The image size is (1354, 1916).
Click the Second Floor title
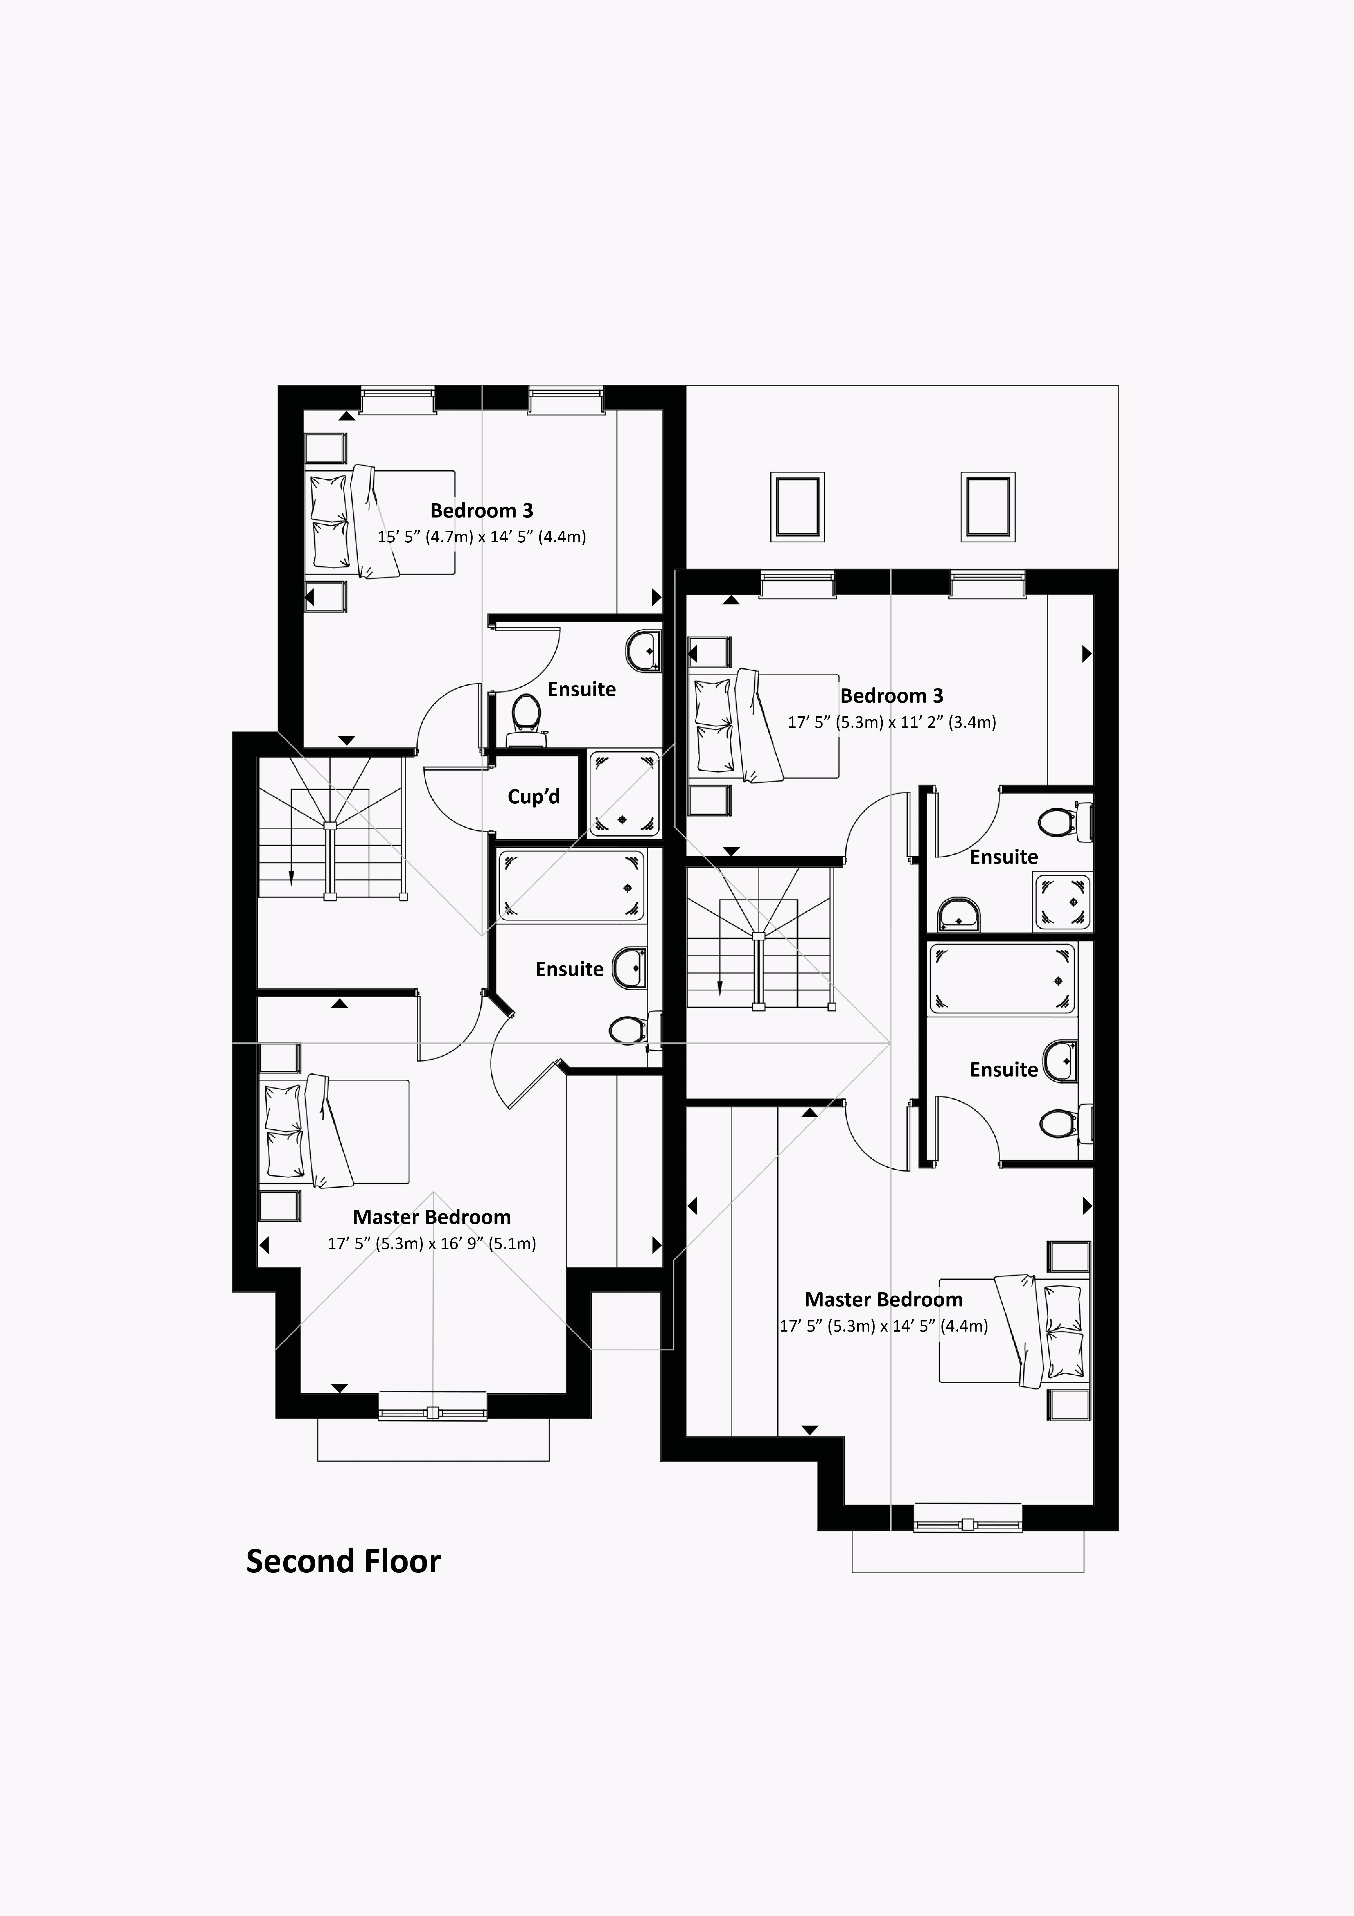[343, 1561]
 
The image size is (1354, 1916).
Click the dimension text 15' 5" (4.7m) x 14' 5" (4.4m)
[481, 537]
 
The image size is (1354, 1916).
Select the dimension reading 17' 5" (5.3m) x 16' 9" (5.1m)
[431, 1243]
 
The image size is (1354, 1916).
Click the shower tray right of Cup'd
[624, 793]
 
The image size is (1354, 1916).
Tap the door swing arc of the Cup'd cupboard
[451, 801]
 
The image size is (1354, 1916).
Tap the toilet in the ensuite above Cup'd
[526, 716]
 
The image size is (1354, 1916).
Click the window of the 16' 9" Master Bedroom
[432, 1413]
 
